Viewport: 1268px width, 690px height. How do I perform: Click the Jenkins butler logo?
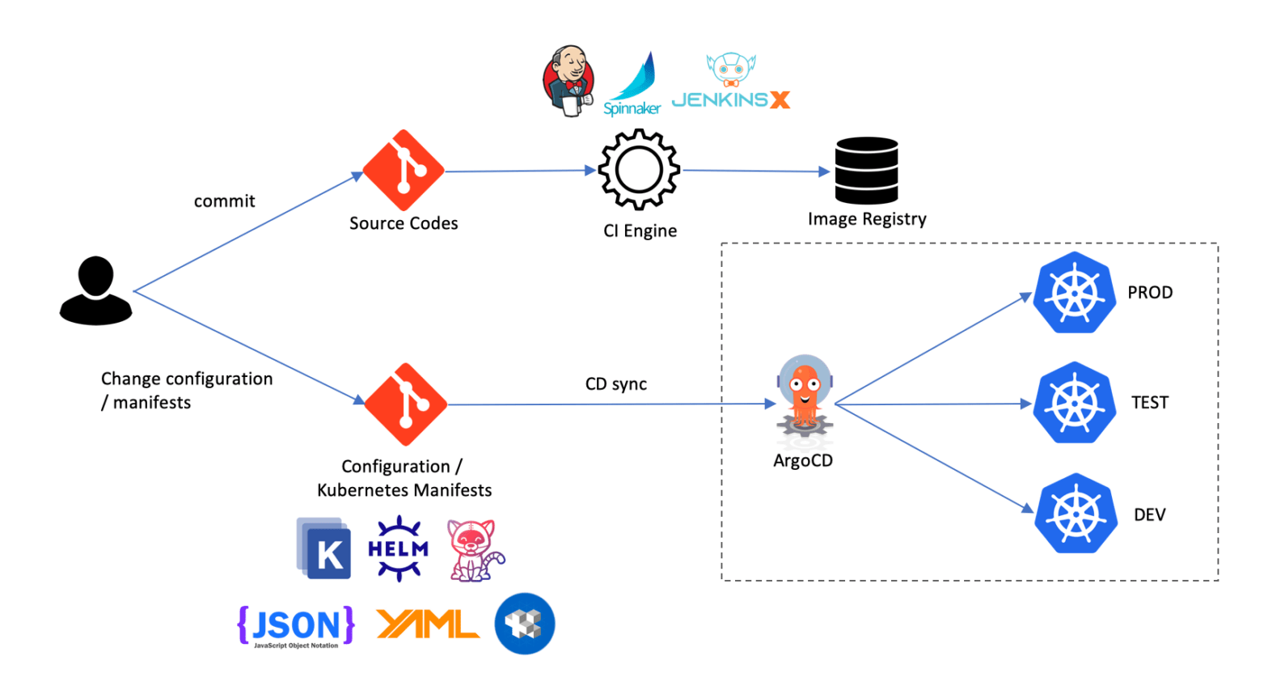[568, 81]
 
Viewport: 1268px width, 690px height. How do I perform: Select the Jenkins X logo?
[730, 83]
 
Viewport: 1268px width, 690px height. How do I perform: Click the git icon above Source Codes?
[404, 170]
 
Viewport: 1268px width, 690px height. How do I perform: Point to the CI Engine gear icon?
[639, 171]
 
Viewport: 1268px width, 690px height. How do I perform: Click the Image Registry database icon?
[866, 171]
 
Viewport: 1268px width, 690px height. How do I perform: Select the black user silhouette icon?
[95, 290]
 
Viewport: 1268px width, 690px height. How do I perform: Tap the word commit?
[224, 201]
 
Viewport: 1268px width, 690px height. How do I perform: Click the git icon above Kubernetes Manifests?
[405, 404]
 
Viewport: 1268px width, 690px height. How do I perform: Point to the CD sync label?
[616, 383]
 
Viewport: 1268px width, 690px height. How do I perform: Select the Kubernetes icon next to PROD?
[1075, 292]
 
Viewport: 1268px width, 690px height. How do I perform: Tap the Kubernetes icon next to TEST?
[1075, 402]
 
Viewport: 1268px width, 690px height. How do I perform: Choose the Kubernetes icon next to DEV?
[1076, 514]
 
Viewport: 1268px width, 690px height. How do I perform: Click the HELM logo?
[398, 548]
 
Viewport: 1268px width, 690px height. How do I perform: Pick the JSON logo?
[296, 625]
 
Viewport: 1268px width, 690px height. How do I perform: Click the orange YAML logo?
[428, 624]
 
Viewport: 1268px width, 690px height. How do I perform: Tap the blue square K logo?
[324, 549]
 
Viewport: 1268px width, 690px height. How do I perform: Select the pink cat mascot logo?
[475, 550]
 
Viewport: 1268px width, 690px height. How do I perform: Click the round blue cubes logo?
[525, 624]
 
